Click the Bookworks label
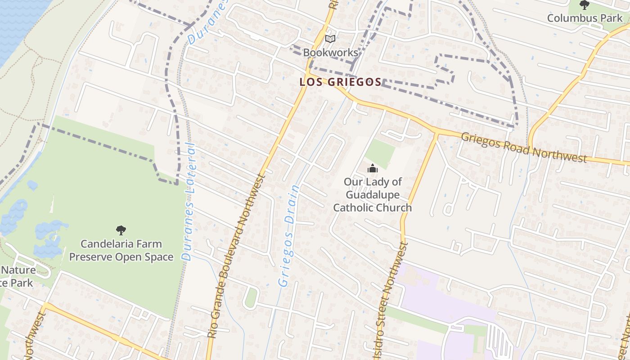[x=330, y=53]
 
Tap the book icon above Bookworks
[x=330, y=39]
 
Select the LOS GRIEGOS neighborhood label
[x=340, y=82]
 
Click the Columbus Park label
[x=585, y=18]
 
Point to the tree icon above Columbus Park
[x=584, y=5]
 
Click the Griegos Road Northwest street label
[x=524, y=147]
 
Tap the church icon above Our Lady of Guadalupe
[x=372, y=169]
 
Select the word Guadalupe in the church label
[x=373, y=195]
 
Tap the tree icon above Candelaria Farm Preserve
[x=121, y=230]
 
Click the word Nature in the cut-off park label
[x=18, y=270]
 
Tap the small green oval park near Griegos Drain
[x=250, y=297]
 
